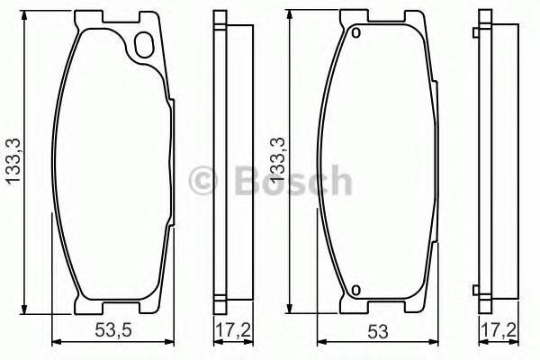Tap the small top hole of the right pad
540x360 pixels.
(355, 35)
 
